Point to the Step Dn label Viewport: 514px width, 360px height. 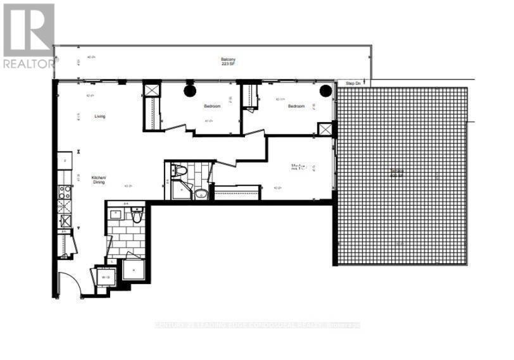click(x=353, y=84)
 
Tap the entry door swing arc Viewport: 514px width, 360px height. click(x=68, y=285)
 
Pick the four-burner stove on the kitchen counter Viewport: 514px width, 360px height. click(x=64, y=189)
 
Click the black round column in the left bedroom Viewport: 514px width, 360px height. click(x=190, y=91)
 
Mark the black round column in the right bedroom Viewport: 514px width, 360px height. click(x=325, y=91)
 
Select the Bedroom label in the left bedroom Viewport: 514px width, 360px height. click(x=212, y=106)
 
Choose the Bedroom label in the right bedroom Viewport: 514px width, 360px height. click(x=296, y=106)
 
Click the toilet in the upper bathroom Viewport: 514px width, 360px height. click(x=180, y=170)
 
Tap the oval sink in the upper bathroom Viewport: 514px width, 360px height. click(x=201, y=194)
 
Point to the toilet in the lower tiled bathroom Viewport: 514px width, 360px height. click(x=136, y=216)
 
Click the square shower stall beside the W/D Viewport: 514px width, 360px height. click(x=134, y=270)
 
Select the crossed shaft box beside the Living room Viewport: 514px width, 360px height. click(x=153, y=90)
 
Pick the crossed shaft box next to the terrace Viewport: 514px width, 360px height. click(x=325, y=129)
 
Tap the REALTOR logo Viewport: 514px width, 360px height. click(x=28, y=35)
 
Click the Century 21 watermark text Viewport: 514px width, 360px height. click(x=256, y=325)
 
